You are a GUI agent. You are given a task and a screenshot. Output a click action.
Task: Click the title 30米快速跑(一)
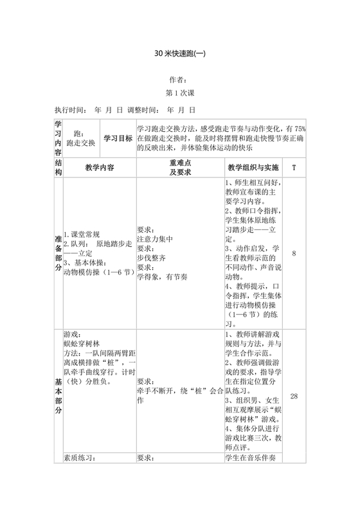tap(179, 54)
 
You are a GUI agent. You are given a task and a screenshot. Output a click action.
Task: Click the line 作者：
tap(179, 80)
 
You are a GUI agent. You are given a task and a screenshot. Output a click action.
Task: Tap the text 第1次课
tap(179, 93)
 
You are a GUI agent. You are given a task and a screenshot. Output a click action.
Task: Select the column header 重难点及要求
tap(179, 168)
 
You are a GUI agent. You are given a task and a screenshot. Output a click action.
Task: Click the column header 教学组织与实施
tap(253, 168)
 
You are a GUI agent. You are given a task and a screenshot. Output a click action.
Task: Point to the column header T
tap(294, 168)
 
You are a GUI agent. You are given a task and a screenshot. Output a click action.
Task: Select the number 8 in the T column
tap(294, 253)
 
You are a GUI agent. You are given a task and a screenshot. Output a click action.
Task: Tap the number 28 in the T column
tap(294, 396)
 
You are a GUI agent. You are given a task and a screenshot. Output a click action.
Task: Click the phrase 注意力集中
tap(155, 239)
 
